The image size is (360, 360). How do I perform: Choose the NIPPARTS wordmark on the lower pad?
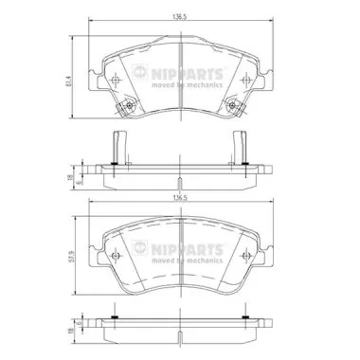point(188,244)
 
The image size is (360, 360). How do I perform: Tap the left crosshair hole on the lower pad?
point(115,258)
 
